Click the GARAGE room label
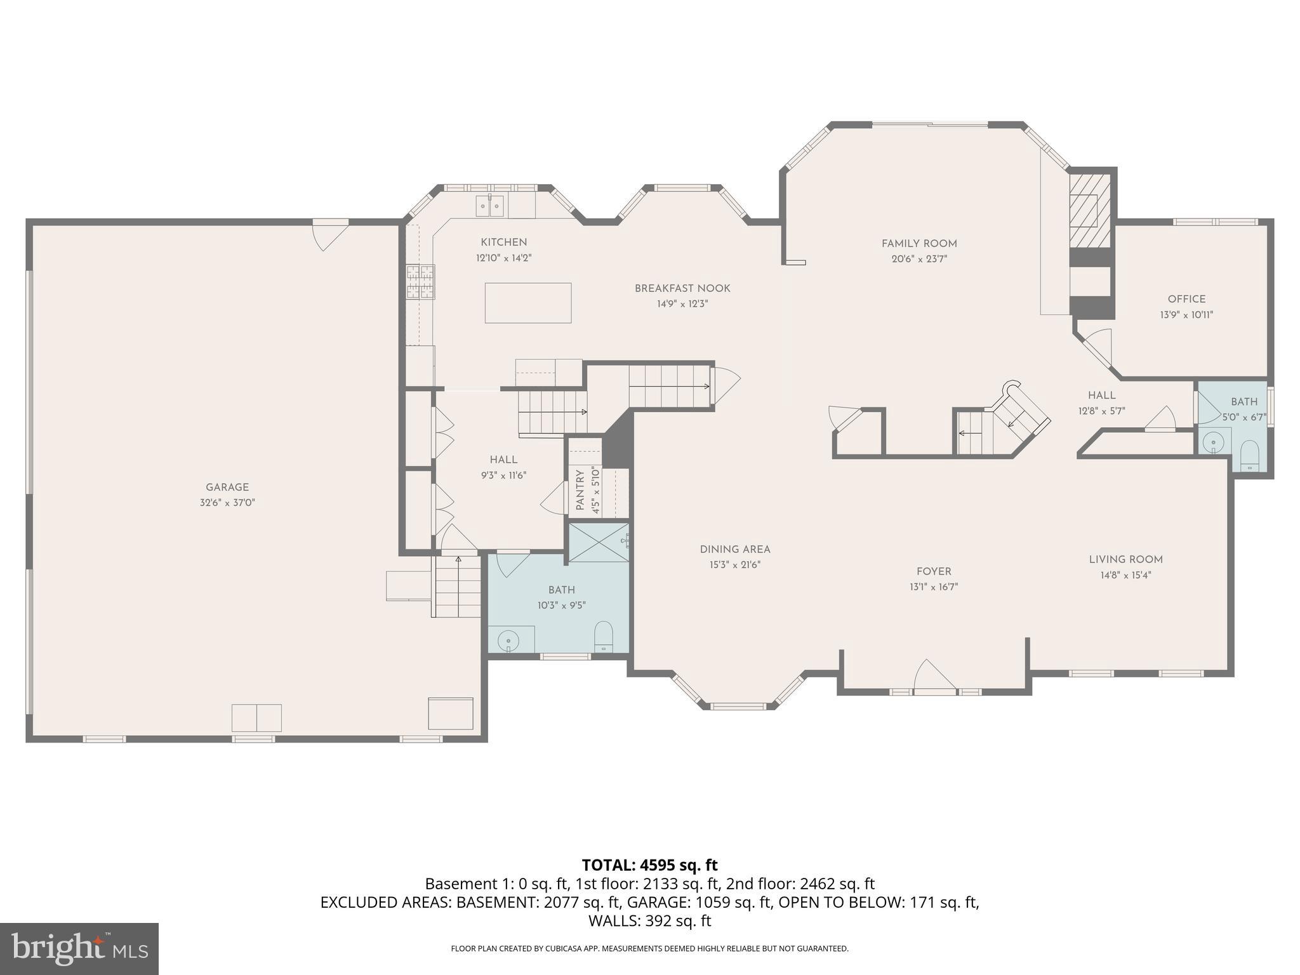coord(227,487)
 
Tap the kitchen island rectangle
coord(527,303)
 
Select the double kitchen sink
coord(490,206)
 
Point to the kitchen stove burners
coord(421,282)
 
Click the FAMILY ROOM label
coord(919,244)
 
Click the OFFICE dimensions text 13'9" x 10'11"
coord(1186,315)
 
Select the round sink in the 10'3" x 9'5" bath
coord(508,641)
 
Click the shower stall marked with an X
coord(598,543)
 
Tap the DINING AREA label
coord(735,550)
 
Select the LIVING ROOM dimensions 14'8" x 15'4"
coord(1125,576)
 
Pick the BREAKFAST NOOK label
coord(682,288)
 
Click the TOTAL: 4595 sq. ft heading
coord(649,865)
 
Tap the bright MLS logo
coord(79,948)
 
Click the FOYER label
coord(933,571)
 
